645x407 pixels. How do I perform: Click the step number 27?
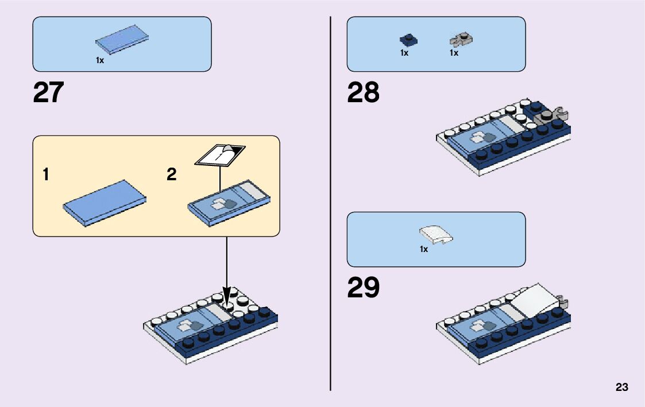pyautogui.click(x=48, y=93)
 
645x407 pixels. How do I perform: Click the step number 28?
pyautogui.click(x=363, y=93)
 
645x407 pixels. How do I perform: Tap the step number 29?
pyautogui.click(x=363, y=288)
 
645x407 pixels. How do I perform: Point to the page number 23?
pyautogui.click(x=621, y=387)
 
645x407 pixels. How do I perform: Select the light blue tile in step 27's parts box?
pyautogui.click(x=122, y=42)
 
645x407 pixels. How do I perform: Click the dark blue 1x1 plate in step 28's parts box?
pyautogui.click(x=408, y=40)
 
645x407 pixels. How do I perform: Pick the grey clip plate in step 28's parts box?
pyautogui.click(x=461, y=40)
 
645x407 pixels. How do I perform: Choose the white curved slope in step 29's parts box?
pyautogui.click(x=436, y=234)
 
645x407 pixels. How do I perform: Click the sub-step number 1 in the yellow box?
pyautogui.click(x=45, y=175)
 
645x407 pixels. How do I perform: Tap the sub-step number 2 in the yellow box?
pyautogui.click(x=171, y=175)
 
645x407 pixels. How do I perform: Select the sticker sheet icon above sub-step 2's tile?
pyautogui.click(x=221, y=154)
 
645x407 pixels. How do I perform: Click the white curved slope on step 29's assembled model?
pyautogui.click(x=534, y=299)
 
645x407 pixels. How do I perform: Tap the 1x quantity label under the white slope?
pyautogui.click(x=424, y=250)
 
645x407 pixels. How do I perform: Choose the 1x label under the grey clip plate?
pyautogui.click(x=454, y=53)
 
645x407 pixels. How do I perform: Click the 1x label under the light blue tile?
pyautogui.click(x=100, y=60)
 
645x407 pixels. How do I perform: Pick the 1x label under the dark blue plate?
pyautogui.click(x=404, y=53)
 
